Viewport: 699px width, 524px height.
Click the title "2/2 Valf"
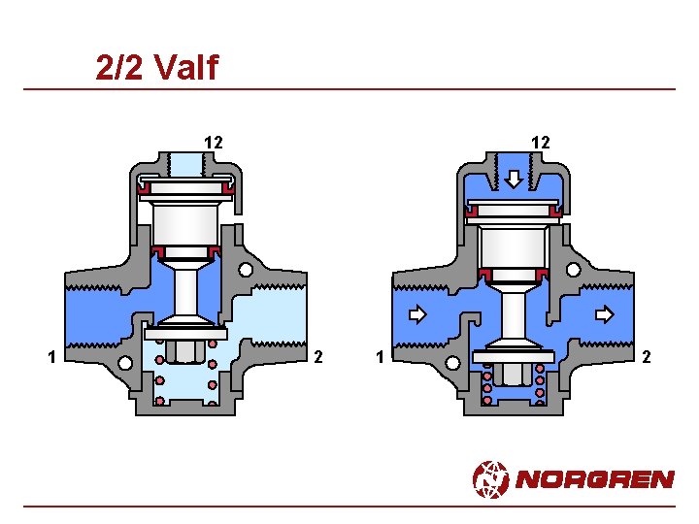(157, 67)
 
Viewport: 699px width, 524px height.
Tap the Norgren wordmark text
(595, 479)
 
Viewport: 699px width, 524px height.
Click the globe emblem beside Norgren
(490, 479)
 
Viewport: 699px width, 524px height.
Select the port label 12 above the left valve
(214, 143)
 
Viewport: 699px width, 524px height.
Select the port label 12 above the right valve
(541, 143)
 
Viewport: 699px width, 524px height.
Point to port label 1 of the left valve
(52, 357)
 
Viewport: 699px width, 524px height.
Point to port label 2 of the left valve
(317, 357)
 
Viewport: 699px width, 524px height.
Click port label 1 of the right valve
(380, 357)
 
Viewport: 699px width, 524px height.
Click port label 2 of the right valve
(647, 357)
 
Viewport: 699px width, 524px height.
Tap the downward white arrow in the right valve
(514, 180)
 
